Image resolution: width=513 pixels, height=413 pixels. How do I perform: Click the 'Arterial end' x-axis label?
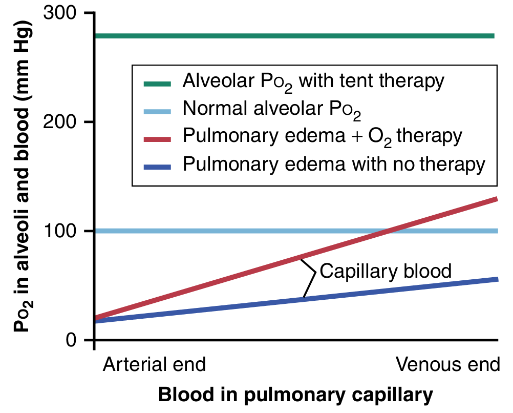(154, 365)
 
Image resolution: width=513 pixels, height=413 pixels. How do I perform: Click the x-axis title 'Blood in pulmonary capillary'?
(295, 396)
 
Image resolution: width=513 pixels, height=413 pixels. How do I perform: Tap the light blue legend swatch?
(157, 109)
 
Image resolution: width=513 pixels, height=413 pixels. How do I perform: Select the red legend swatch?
(157, 137)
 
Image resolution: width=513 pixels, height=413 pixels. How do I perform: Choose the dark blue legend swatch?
(157, 164)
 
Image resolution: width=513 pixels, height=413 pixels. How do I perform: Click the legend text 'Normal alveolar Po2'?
(272, 109)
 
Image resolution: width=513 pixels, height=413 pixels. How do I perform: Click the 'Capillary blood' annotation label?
(386, 271)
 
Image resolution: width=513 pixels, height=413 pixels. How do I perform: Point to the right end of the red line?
(495, 199)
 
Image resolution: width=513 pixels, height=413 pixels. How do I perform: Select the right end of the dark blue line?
(496, 280)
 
